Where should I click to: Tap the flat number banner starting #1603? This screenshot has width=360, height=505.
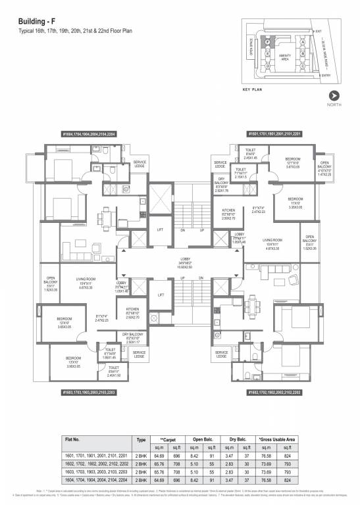coord(89,392)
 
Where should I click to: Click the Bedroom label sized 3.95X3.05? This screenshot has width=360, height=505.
coord(64,364)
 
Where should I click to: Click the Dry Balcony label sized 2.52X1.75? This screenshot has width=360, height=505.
coord(220,187)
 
